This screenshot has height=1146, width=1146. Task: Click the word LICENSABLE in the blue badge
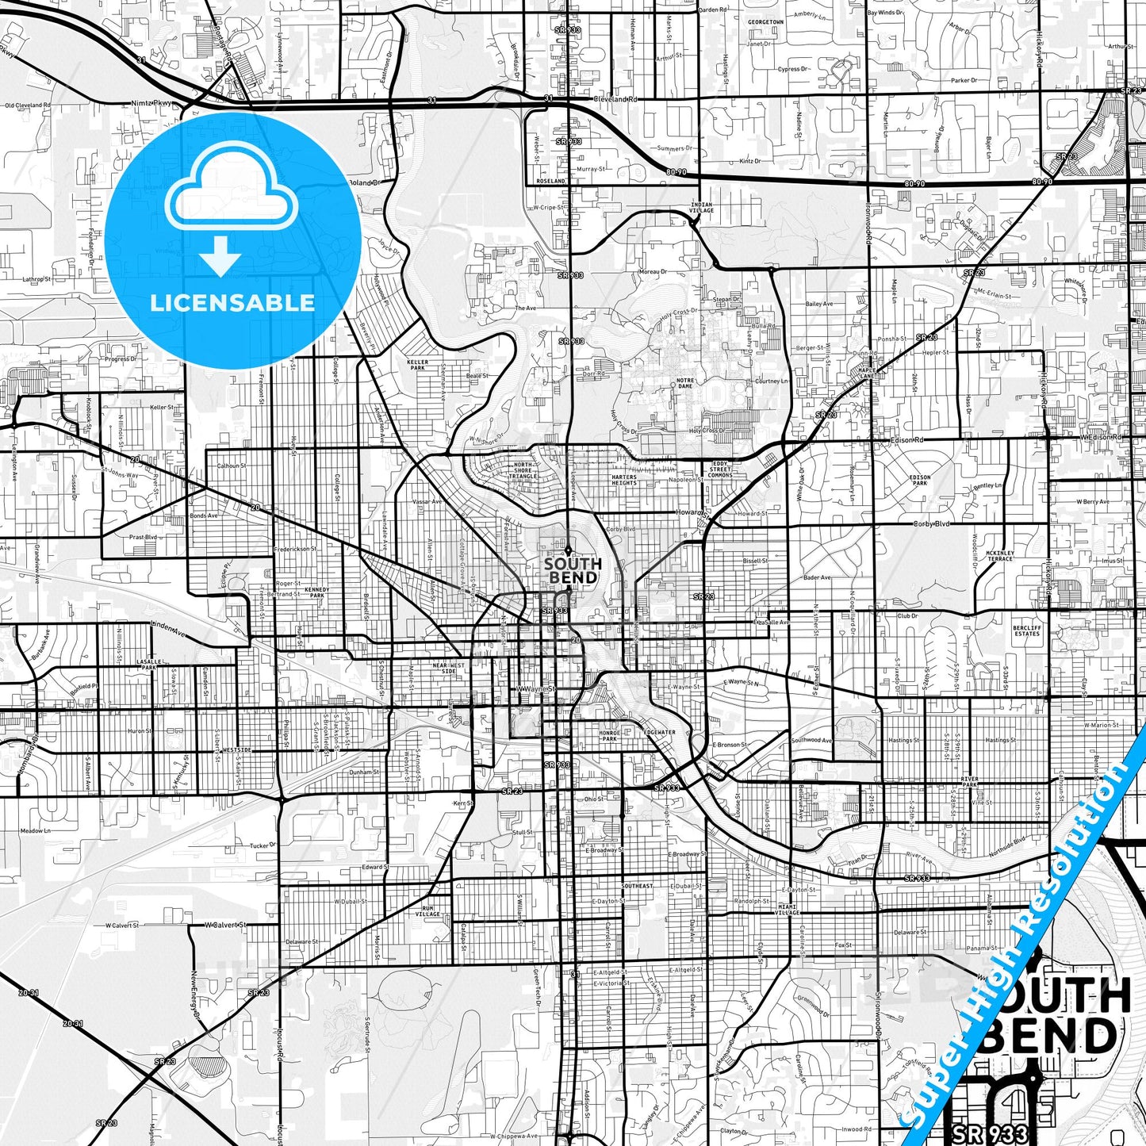(x=232, y=303)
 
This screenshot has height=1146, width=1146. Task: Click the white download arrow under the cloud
(x=220, y=256)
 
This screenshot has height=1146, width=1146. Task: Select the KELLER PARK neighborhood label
(x=417, y=365)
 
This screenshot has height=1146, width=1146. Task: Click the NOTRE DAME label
(x=684, y=383)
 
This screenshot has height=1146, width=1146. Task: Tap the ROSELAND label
(x=550, y=181)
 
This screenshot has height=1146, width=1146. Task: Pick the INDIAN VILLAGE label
(x=701, y=208)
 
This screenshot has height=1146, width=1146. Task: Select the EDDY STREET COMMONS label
(x=720, y=470)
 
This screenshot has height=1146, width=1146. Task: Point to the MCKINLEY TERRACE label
(x=1000, y=555)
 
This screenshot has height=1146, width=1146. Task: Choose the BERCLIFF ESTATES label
(x=1026, y=630)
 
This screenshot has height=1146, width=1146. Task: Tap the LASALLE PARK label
(x=148, y=664)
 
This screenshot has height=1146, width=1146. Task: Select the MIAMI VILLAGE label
(x=788, y=910)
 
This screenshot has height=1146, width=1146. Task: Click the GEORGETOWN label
(x=765, y=22)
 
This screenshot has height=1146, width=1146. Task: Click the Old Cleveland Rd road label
(x=27, y=105)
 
